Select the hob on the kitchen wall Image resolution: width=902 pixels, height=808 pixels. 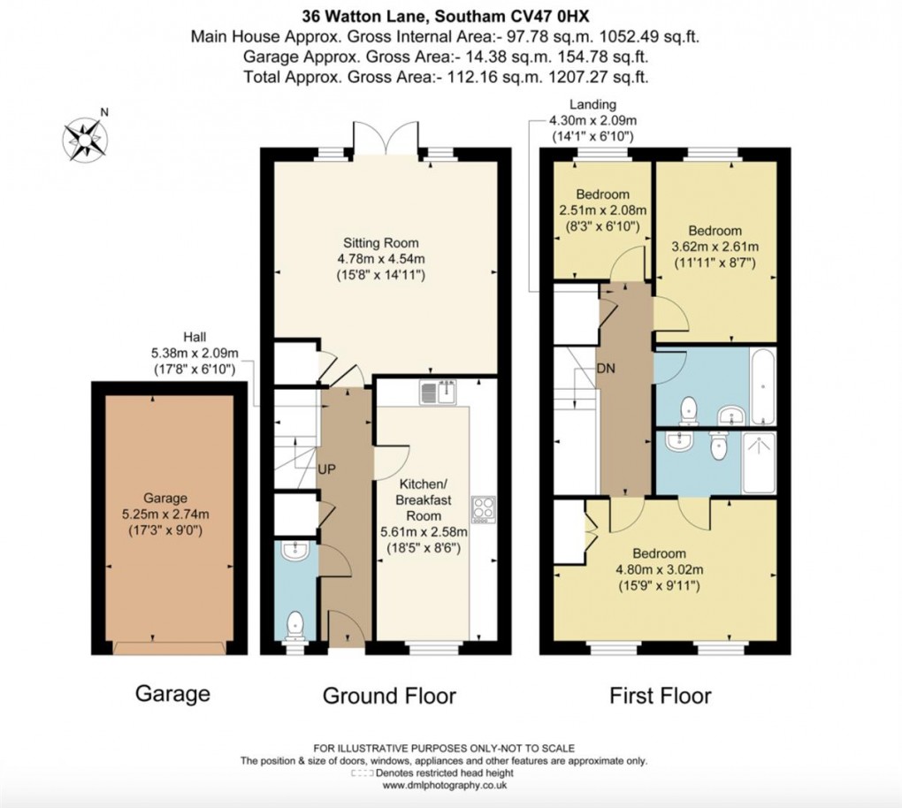[x=484, y=510]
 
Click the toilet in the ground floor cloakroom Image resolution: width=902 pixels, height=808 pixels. [x=295, y=625]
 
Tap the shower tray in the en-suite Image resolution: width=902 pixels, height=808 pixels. [x=759, y=462]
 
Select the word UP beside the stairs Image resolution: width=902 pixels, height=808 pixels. [x=327, y=469]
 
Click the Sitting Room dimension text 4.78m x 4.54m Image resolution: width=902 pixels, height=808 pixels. [x=382, y=259]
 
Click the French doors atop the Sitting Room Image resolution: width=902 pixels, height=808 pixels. [x=386, y=139]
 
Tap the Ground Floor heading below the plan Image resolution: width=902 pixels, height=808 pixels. [x=389, y=696]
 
